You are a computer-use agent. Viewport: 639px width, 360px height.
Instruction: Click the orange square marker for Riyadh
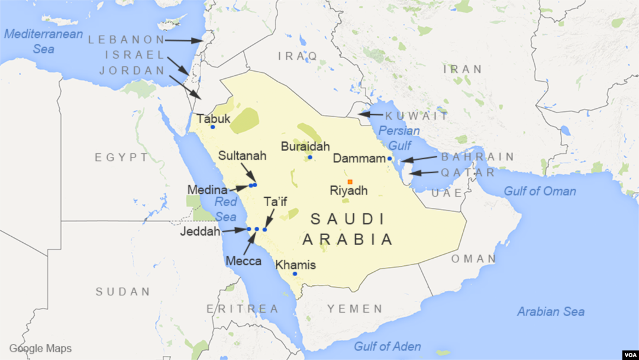pyautogui.click(x=350, y=182)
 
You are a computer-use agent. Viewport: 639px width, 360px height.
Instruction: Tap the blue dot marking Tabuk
pyautogui.click(x=212, y=127)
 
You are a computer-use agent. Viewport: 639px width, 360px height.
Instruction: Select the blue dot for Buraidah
pyautogui.click(x=310, y=157)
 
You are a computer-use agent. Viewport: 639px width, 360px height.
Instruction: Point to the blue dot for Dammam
pyautogui.click(x=389, y=159)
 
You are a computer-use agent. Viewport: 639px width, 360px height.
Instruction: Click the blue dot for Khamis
pyautogui.click(x=295, y=274)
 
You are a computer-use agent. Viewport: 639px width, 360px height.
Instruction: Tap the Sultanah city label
pyautogui.click(x=242, y=156)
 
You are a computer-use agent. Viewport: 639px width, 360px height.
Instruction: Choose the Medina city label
pyautogui.click(x=207, y=190)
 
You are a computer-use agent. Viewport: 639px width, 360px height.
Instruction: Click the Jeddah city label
pyautogui.click(x=199, y=231)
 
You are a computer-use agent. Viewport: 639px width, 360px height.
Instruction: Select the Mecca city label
pyautogui.click(x=243, y=261)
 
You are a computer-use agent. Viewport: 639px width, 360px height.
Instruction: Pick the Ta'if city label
pyautogui.click(x=275, y=202)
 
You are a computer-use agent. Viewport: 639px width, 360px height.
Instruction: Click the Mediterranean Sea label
pyautogui.click(x=35, y=41)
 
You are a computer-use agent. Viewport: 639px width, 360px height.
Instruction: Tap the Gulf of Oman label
pyautogui.click(x=540, y=191)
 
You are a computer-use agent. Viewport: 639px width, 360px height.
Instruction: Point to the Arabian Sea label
pyautogui.click(x=551, y=311)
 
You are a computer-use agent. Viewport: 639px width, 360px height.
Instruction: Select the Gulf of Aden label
pyautogui.click(x=388, y=346)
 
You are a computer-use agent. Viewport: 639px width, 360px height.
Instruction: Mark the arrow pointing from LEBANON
pyautogui.click(x=184, y=40)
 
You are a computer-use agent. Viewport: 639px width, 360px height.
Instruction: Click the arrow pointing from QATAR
pyautogui.click(x=424, y=173)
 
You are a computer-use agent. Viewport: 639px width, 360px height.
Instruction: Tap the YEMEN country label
pyautogui.click(x=356, y=308)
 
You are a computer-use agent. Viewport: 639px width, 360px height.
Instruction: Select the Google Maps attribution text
pyautogui.click(x=40, y=349)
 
